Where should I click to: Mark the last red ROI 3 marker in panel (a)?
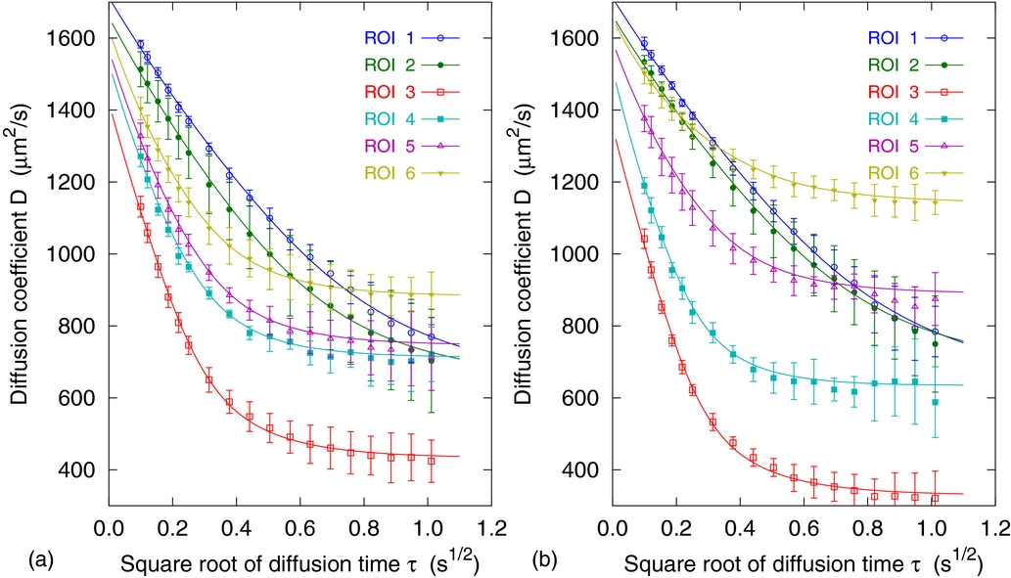(x=432, y=461)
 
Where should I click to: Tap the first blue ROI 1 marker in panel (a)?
(x=140, y=44)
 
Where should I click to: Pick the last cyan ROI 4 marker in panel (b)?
(x=935, y=402)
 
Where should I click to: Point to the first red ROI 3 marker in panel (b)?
(x=643, y=239)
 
